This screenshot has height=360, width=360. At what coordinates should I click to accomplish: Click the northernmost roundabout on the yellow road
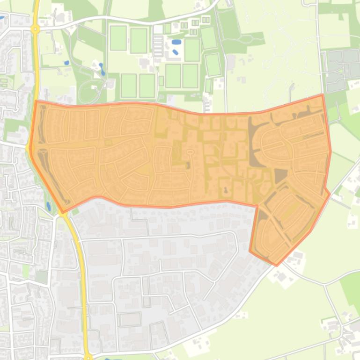click(35, 29)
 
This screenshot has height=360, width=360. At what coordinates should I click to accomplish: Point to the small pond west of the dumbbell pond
click(67, 62)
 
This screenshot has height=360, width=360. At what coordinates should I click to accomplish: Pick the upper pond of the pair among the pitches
click(176, 42)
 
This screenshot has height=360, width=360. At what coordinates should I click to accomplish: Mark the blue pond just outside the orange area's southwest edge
click(49, 206)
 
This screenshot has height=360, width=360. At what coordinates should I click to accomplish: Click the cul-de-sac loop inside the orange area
click(190, 152)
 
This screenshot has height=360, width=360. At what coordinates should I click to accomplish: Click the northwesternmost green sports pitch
click(118, 38)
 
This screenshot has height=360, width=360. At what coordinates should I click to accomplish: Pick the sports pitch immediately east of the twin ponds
click(192, 50)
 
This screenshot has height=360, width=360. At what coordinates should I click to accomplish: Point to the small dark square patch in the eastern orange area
click(280, 176)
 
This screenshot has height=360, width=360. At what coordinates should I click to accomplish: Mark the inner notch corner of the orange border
click(257, 205)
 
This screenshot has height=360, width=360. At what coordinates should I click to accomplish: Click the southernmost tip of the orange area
click(276, 265)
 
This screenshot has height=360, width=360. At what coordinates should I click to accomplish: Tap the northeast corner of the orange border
click(323, 95)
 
